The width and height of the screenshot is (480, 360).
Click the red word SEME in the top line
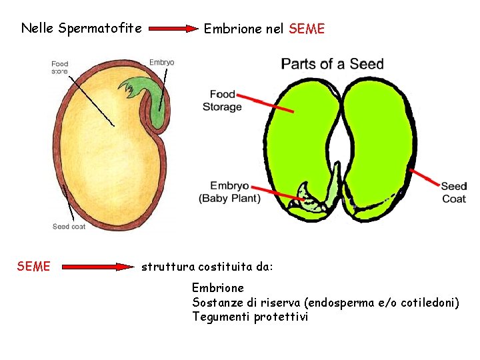pos(307,29)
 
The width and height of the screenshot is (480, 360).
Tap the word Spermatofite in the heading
pos(100,28)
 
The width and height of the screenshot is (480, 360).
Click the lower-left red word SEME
pos(33,267)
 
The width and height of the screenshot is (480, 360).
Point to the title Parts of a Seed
pos(332,64)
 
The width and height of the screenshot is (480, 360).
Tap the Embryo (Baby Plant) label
pos(229,192)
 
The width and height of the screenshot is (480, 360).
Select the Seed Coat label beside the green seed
pos(453,192)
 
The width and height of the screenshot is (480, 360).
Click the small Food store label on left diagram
pos(60,67)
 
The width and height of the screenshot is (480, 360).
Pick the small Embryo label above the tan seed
pos(161,63)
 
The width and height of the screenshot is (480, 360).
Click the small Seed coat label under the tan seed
pos(69,227)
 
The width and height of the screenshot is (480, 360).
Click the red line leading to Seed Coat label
pos(425,178)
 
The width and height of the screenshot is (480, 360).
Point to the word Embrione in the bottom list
pos(218,288)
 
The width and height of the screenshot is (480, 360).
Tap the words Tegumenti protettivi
pos(250,317)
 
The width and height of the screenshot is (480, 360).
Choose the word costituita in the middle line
pos(225,267)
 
